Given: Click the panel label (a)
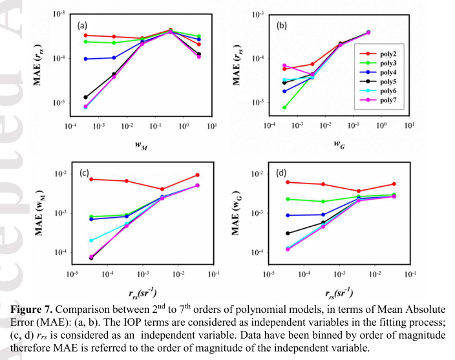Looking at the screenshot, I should click(83, 26).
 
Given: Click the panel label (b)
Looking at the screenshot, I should click(282, 26).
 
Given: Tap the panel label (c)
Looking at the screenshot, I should click(84, 173).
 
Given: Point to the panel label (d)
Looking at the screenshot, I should click(282, 173).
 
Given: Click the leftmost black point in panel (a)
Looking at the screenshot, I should click(85, 97).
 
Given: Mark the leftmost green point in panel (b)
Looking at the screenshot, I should click(284, 107).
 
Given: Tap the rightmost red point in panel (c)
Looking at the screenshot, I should click(197, 175).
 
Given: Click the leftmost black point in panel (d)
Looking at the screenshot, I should click(287, 233).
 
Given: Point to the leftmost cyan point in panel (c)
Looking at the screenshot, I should click(91, 240).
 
